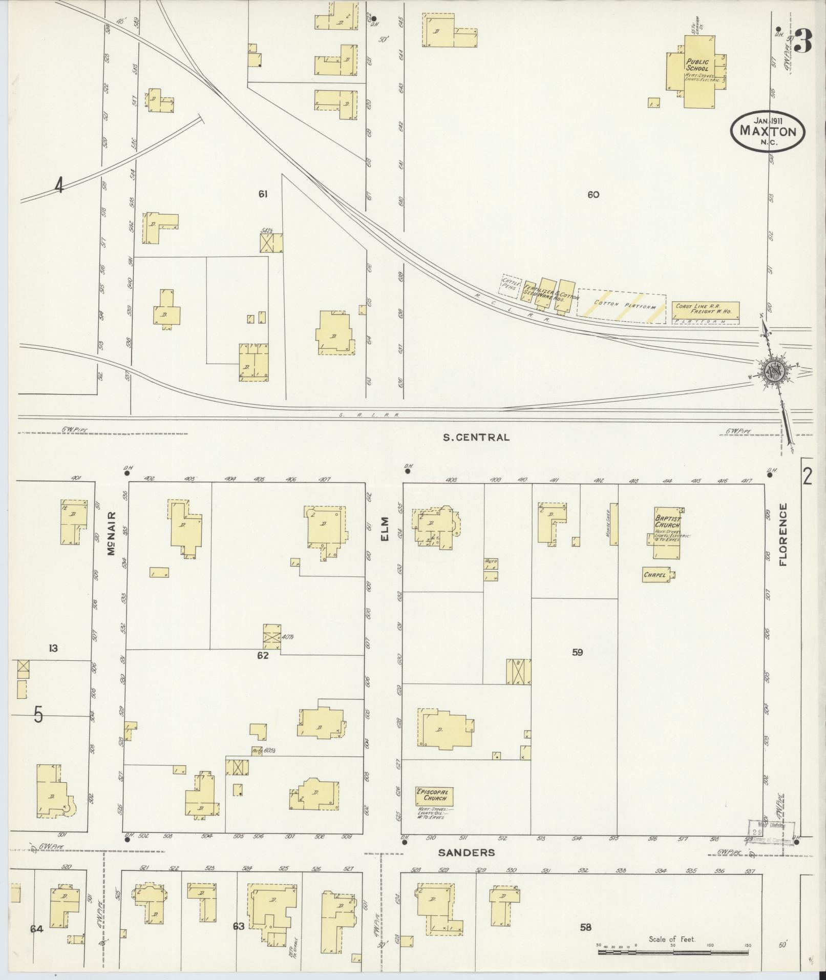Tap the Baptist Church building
(668, 533)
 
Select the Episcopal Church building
(434, 809)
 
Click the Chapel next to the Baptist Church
(658, 575)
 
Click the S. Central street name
(476, 437)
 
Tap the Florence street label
(782, 534)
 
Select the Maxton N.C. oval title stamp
(768, 131)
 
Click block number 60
(593, 195)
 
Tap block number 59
(577, 653)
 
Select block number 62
(263, 655)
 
